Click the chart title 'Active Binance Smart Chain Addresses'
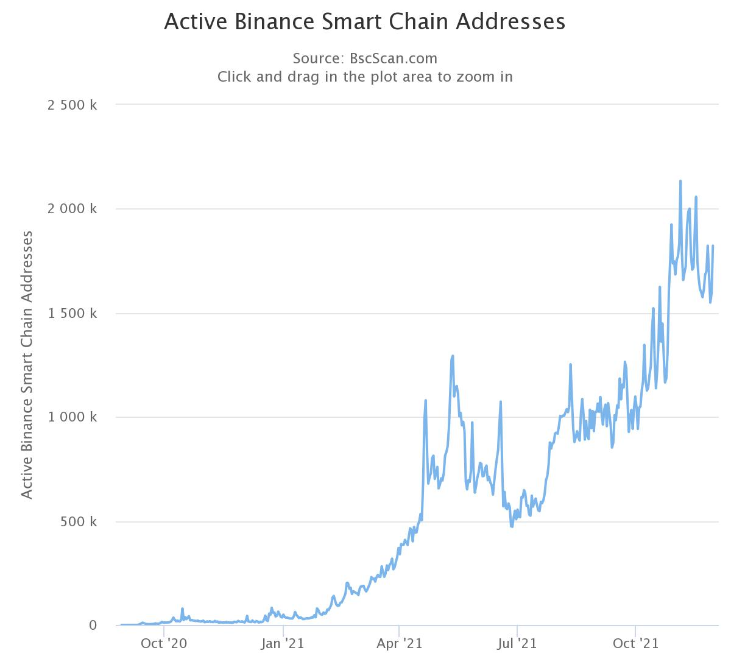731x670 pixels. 365,22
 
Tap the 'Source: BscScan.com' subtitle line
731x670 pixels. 365,58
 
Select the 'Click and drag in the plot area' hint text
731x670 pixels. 365,77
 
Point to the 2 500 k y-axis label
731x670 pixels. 72,105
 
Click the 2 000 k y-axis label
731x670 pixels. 72,209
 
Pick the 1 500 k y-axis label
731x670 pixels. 72,314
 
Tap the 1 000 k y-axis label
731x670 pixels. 72,418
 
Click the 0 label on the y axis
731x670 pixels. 93,626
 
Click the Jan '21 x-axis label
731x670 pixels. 283,644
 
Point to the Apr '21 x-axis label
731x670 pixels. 399,644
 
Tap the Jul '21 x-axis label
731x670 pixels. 517,644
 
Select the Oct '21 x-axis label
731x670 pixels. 635,644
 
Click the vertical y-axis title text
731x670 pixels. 27,364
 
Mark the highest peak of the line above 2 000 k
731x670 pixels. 680,181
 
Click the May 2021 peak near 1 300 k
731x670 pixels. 453,356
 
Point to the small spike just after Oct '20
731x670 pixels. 182,608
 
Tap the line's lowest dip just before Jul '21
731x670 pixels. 512,526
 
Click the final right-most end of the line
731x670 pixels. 713,246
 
